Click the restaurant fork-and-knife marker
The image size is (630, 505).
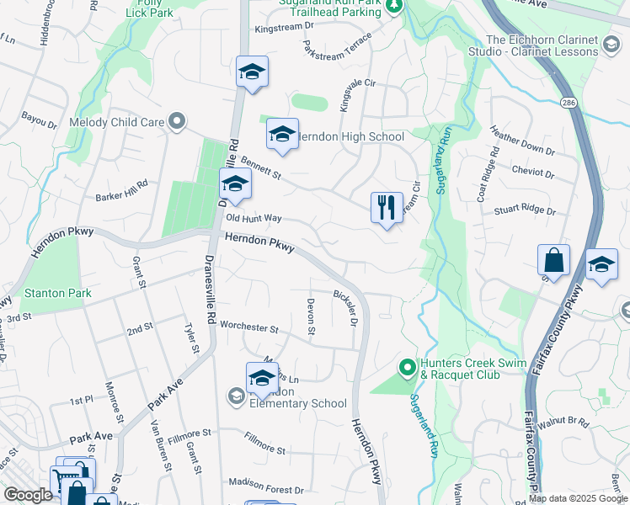pyautogui.click(x=387, y=208)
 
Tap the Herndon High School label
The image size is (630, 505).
pyautogui.click(x=351, y=136)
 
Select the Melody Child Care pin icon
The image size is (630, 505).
pyautogui.click(x=177, y=122)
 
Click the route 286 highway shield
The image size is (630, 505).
pyautogui.click(x=569, y=102)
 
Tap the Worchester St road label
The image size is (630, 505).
pyautogui.click(x=248, y=327)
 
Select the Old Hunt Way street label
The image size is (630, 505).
pyautogui.click(x=254, y=218)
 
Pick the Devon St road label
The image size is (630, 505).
pyautogui.click(x=311, y=318)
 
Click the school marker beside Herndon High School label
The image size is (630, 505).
pyautogui.click(x=283, y=134)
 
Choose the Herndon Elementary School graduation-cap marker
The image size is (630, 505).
pyautogui.click(x=262, y=378)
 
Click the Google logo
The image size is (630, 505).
pyautogui.click(x=28, y=495)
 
